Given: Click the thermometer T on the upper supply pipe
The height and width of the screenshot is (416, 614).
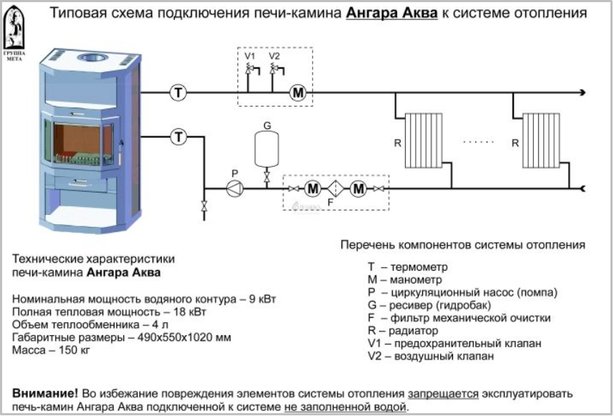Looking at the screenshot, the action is pos(179,93).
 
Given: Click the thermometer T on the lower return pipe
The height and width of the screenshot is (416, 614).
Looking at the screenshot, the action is pos(179,137).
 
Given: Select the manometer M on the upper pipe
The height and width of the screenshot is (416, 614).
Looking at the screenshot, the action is pos(298,93).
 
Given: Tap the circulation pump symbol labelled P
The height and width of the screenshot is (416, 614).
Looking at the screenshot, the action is pos(235,189).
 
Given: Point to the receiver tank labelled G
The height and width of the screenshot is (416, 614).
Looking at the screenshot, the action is pos(267,149).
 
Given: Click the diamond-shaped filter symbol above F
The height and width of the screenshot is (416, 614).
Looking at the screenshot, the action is pos(335,189).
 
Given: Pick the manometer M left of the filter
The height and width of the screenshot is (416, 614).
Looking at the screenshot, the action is pos(313,189).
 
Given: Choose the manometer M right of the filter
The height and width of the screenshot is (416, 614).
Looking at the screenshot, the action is pos(359,189).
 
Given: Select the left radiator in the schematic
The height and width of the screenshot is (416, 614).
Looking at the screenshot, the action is pos(424,140).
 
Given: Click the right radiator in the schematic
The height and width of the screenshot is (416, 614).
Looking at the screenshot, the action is pos(541,140).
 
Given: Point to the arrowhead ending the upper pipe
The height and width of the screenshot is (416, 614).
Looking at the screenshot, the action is pos(583,93).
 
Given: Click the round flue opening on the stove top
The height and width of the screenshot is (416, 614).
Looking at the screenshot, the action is pos(93,58).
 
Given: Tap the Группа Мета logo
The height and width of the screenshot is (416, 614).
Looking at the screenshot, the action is pos(14,33).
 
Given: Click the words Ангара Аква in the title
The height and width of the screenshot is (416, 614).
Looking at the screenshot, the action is pos(391,13).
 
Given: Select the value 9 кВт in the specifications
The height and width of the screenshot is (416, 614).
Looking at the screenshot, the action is pos(263,299).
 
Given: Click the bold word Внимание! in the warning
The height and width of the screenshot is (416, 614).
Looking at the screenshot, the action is pos(45,393).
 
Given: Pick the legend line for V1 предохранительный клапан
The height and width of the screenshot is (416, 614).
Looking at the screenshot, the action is pos(454,344).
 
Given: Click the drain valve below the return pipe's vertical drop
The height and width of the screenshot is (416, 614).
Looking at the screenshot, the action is pos(204,206).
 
